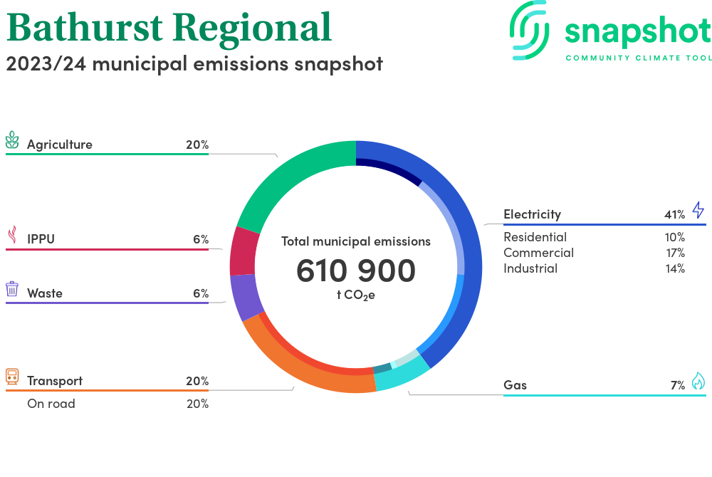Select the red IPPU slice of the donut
[244, 251]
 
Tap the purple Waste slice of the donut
[246, 298]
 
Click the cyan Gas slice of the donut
[399, 374]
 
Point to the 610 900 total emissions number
[356, 271]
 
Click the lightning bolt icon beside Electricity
[698, 210]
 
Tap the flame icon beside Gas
[698, 381]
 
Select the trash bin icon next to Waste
[12, 288]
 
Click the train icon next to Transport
[12, 376]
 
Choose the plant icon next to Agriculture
[12, 140]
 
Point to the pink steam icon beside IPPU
[13, 235]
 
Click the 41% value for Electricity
[674, 215]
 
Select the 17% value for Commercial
[675, 253]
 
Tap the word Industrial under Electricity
[530, 268]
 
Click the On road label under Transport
[51, 404]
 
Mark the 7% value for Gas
[678, 385]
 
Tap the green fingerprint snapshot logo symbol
[529, 31]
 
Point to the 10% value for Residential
[675, 237]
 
